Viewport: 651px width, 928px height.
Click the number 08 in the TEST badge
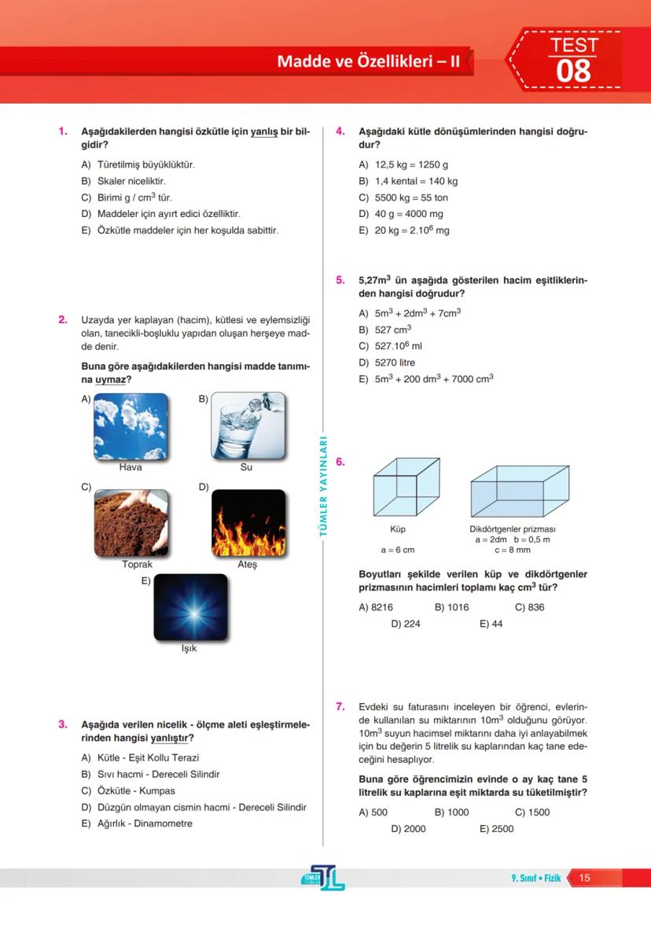pos(573,71)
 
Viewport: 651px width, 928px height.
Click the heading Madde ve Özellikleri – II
pos(368,61)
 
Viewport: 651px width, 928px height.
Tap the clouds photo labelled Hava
pos(131,426)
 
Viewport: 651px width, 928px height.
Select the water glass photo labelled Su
pos(248,426)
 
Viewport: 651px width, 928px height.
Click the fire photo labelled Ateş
pos(248,523)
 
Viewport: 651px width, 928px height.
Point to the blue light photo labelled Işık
pos(190,607)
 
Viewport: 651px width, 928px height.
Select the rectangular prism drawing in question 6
pos(519,490)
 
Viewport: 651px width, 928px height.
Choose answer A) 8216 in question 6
pos(376,607)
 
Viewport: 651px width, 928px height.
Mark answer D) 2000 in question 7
pos(408,829)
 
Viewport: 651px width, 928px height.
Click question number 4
pos(340,131)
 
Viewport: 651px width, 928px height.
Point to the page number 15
pos(584,878)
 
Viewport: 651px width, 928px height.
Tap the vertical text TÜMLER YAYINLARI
pos(322,488)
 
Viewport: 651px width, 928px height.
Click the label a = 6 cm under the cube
pos(398,550)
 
